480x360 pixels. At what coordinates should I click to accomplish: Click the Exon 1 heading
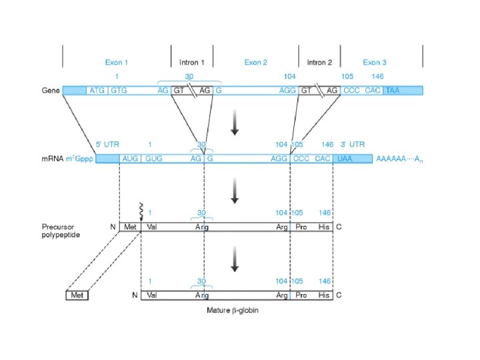coord(116,62)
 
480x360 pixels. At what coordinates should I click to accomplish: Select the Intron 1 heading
coord(192,62)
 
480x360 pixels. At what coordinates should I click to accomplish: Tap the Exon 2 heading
coord(255,62)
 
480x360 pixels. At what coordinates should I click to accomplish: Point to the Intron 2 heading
coord(319,62)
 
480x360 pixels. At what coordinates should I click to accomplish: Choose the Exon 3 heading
coord(375,62)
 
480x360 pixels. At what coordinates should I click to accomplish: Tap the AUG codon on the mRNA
coord(129,159)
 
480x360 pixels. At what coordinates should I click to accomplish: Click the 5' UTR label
coord(107,144)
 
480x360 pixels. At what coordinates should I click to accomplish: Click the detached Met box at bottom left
coord(77,295)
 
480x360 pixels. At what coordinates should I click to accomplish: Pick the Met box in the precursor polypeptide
coord(129,227)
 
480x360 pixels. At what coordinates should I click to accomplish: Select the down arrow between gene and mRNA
coord(234,125)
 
